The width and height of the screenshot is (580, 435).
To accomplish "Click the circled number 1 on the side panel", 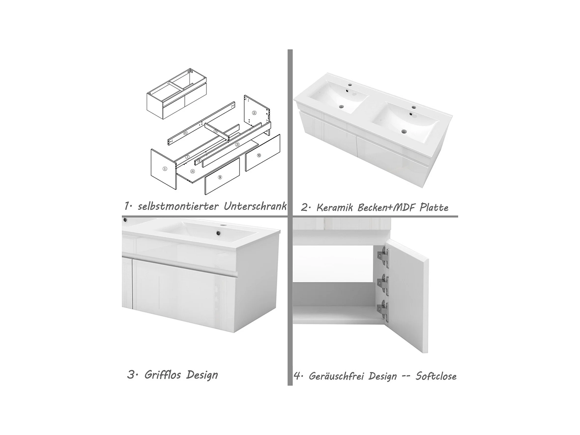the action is click(x=165, y=169).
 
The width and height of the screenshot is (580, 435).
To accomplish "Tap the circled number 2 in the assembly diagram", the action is click(x=254, y=113).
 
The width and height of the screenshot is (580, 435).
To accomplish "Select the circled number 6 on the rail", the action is click(x=185, y=133).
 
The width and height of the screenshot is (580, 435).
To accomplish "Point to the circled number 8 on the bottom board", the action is click(x=192, y=172).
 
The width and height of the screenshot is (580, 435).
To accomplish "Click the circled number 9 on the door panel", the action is click(x=220, y=177).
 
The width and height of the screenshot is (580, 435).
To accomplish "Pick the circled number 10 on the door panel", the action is click(x=259, y=156).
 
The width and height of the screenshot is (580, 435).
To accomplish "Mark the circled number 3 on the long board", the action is click(x=237, y=145).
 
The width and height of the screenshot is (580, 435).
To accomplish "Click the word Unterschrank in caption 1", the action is click(x=255, y=206).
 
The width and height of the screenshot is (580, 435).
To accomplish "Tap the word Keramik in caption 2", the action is click(x=336, y=207).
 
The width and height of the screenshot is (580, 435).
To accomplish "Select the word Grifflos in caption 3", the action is click(x=162, y=375).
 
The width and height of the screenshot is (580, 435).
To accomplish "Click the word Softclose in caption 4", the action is click(x=436, y=376).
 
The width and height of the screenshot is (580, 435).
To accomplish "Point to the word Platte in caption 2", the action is click(x=434, y=207).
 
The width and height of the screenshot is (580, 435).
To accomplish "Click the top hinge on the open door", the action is click(x=383, y=257).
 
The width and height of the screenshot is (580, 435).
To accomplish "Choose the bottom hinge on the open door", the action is click(x=383, y=310).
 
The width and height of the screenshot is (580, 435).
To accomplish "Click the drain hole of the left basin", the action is click(x=341, y=107).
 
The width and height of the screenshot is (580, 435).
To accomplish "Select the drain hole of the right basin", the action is click(x=404, y=131).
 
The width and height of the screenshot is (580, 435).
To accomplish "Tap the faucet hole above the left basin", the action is click(x=350, y=85).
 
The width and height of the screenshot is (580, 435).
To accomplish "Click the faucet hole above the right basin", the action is click(x=414, y=107).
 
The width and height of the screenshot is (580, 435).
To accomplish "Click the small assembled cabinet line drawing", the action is click(x=176, y=94).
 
